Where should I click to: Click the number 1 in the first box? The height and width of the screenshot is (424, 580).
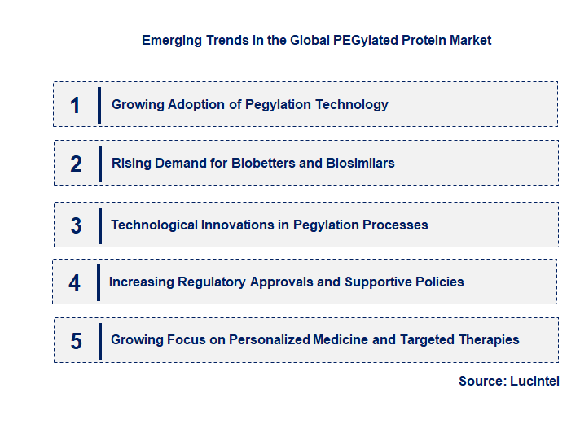[75, 105]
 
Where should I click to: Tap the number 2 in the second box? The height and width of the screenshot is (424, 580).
[76, 164]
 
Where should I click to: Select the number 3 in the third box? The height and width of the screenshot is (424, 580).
[76, 225]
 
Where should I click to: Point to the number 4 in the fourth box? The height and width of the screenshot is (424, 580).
[75, 282]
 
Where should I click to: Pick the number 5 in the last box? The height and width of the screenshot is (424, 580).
[76, 341]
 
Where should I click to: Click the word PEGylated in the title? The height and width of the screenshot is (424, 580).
[363, 40]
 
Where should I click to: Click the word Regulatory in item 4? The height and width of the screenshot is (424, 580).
[209, 282]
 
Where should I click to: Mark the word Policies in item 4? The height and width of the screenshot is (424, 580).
[439, 282]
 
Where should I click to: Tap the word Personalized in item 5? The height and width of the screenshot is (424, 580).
[270, 339]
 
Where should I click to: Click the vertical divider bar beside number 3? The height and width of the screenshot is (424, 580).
[99, 225]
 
